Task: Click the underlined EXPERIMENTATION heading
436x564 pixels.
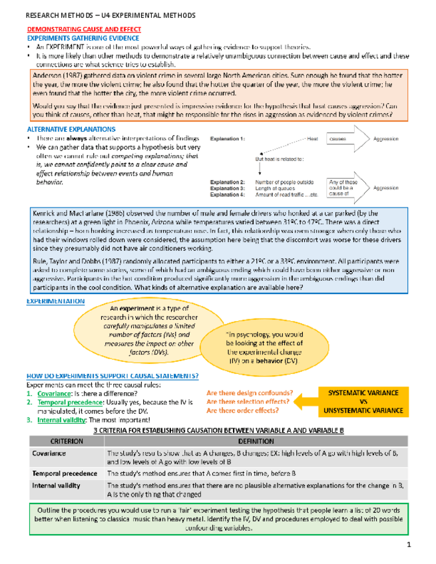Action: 55,301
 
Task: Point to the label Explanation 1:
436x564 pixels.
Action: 227,139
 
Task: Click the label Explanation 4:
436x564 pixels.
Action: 227,194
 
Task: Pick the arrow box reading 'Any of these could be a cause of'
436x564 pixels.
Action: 347,188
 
